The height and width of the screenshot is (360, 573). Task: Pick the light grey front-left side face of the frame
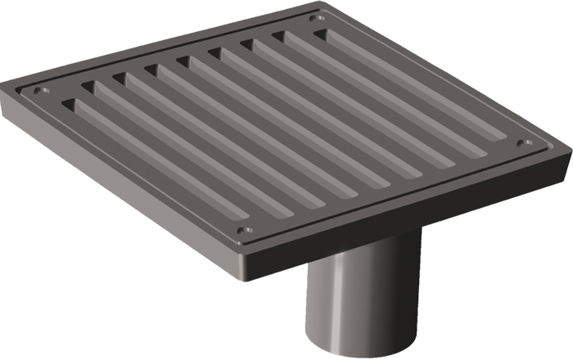click(123, 180)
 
